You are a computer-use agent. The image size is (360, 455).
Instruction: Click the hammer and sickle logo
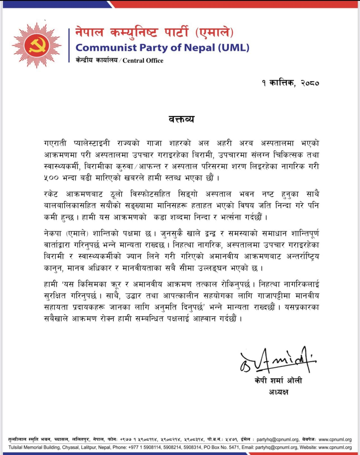(x=37, y=45)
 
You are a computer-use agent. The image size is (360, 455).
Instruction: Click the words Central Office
(x=143, y=60)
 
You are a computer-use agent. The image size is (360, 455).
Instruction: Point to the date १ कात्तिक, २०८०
(x=290, y=83)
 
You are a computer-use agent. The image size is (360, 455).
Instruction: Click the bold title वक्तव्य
(x=181, y=119)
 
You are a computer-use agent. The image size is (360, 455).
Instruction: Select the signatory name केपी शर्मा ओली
(x=278, y=381)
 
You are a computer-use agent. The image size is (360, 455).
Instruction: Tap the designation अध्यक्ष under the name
(x=278, y=392)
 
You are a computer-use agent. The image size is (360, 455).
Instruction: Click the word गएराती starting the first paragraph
(x=55, y=143)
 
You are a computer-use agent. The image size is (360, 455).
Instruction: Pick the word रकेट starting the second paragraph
(x=51, y=194)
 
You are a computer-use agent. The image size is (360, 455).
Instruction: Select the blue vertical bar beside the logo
(x=69, y=45)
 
